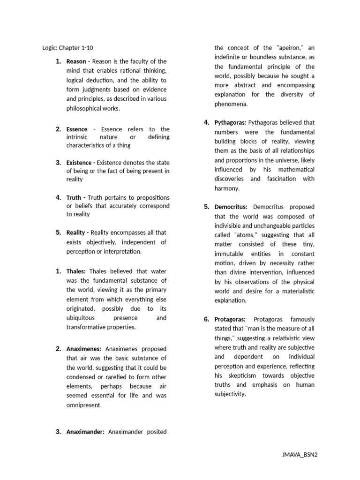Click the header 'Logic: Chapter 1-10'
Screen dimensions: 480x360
[70, 47]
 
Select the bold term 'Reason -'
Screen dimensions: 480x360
[78, 61]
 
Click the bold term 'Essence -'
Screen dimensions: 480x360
[81, 129]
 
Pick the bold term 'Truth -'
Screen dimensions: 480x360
[75, 197]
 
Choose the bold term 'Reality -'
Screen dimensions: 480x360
[77, 232]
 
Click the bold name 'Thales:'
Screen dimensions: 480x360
[76, 271]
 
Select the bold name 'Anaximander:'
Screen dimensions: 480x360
[85, 432]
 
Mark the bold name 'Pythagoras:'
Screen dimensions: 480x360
[230, 123]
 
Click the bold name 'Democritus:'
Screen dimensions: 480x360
[231, 207]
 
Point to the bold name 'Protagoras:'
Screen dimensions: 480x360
[231, 319]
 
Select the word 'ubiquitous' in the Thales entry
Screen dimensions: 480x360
[81, 318]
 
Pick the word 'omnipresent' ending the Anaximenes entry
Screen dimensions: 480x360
[83, 405]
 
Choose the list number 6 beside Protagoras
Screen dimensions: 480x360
[206, 319]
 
